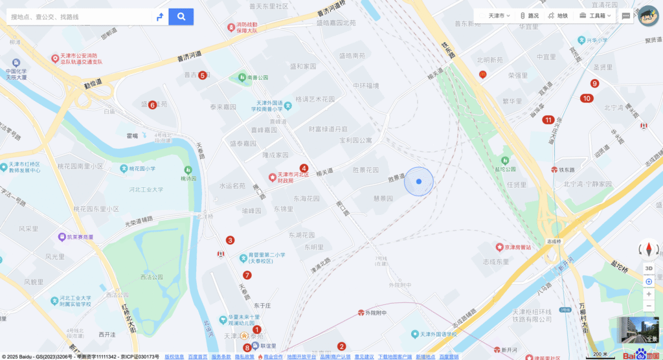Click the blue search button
pyautogui.click(x=181, y=16)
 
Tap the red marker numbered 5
pyautogui.click(x=203, y=75)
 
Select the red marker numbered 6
pyautogui.click(x=152, y=105)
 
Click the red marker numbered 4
pyautogui.click(x=304, y=168)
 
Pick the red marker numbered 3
pyautogui.click(x=230, y=240)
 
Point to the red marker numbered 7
pyautogui.click(x=247, y=275)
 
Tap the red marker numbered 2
pyautogui.click(x=342, y=346)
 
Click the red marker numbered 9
pyautogui.click(x=594, y=83)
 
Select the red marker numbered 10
pyautogui.click(x=587, y=98)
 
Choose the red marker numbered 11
pyautogui.click(x=548, y=119)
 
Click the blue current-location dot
pyautogui.click(x=419, y=182)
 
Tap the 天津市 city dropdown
pyautogui.click(x=499, y=16)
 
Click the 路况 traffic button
pyautogui.click(x=529, y=16)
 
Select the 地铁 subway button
pyautogui.click(x=557, y=16)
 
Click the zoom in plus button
pyautogui.click(x=649, y=293)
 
